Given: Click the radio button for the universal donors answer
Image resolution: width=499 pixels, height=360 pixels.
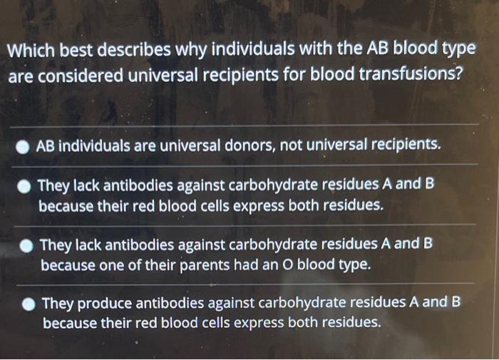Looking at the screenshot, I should (24, 147).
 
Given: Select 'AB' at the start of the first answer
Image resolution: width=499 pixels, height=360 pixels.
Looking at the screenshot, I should (45, 146).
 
